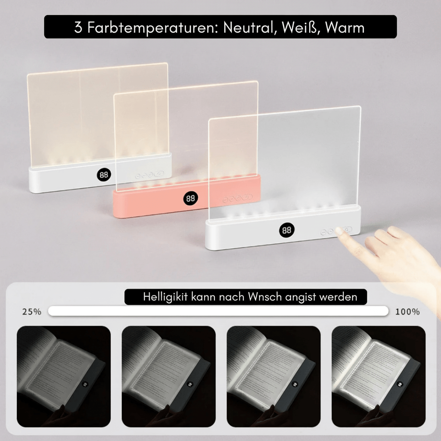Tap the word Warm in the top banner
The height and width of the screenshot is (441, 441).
coord(345,28)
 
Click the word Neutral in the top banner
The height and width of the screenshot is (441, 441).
coord(248,28)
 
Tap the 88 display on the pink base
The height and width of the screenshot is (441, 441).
coord(190,199)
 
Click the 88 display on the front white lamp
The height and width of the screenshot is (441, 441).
coord(286,230)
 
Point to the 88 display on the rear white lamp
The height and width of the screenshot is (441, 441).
coord(104,175)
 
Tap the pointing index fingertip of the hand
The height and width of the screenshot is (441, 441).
coord(340,231)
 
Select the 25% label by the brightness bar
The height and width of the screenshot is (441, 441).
coord(32,312)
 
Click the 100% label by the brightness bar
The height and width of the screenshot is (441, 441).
coord(407,312)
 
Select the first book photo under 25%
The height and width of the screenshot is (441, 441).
coord(64,376)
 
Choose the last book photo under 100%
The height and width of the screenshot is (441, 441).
coord(379,376)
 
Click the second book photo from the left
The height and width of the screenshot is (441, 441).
coord(168,376)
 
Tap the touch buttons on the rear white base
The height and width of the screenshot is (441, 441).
coord(149,174)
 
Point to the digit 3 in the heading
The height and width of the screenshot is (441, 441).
coord(78,28)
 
